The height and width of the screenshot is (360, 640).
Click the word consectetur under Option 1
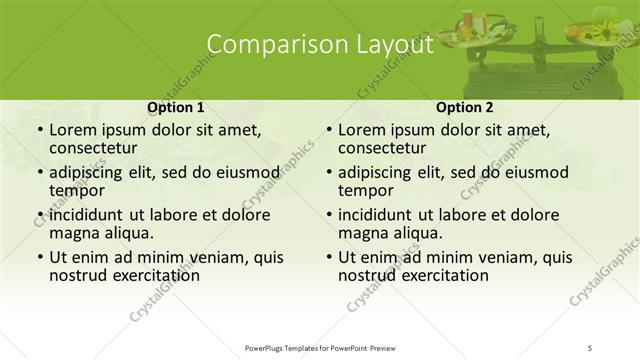pos(96,148)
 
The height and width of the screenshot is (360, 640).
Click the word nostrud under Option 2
pos(367,274)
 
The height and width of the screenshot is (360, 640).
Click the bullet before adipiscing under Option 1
pos(38,172)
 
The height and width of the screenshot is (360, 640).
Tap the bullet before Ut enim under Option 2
pos(328,256)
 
